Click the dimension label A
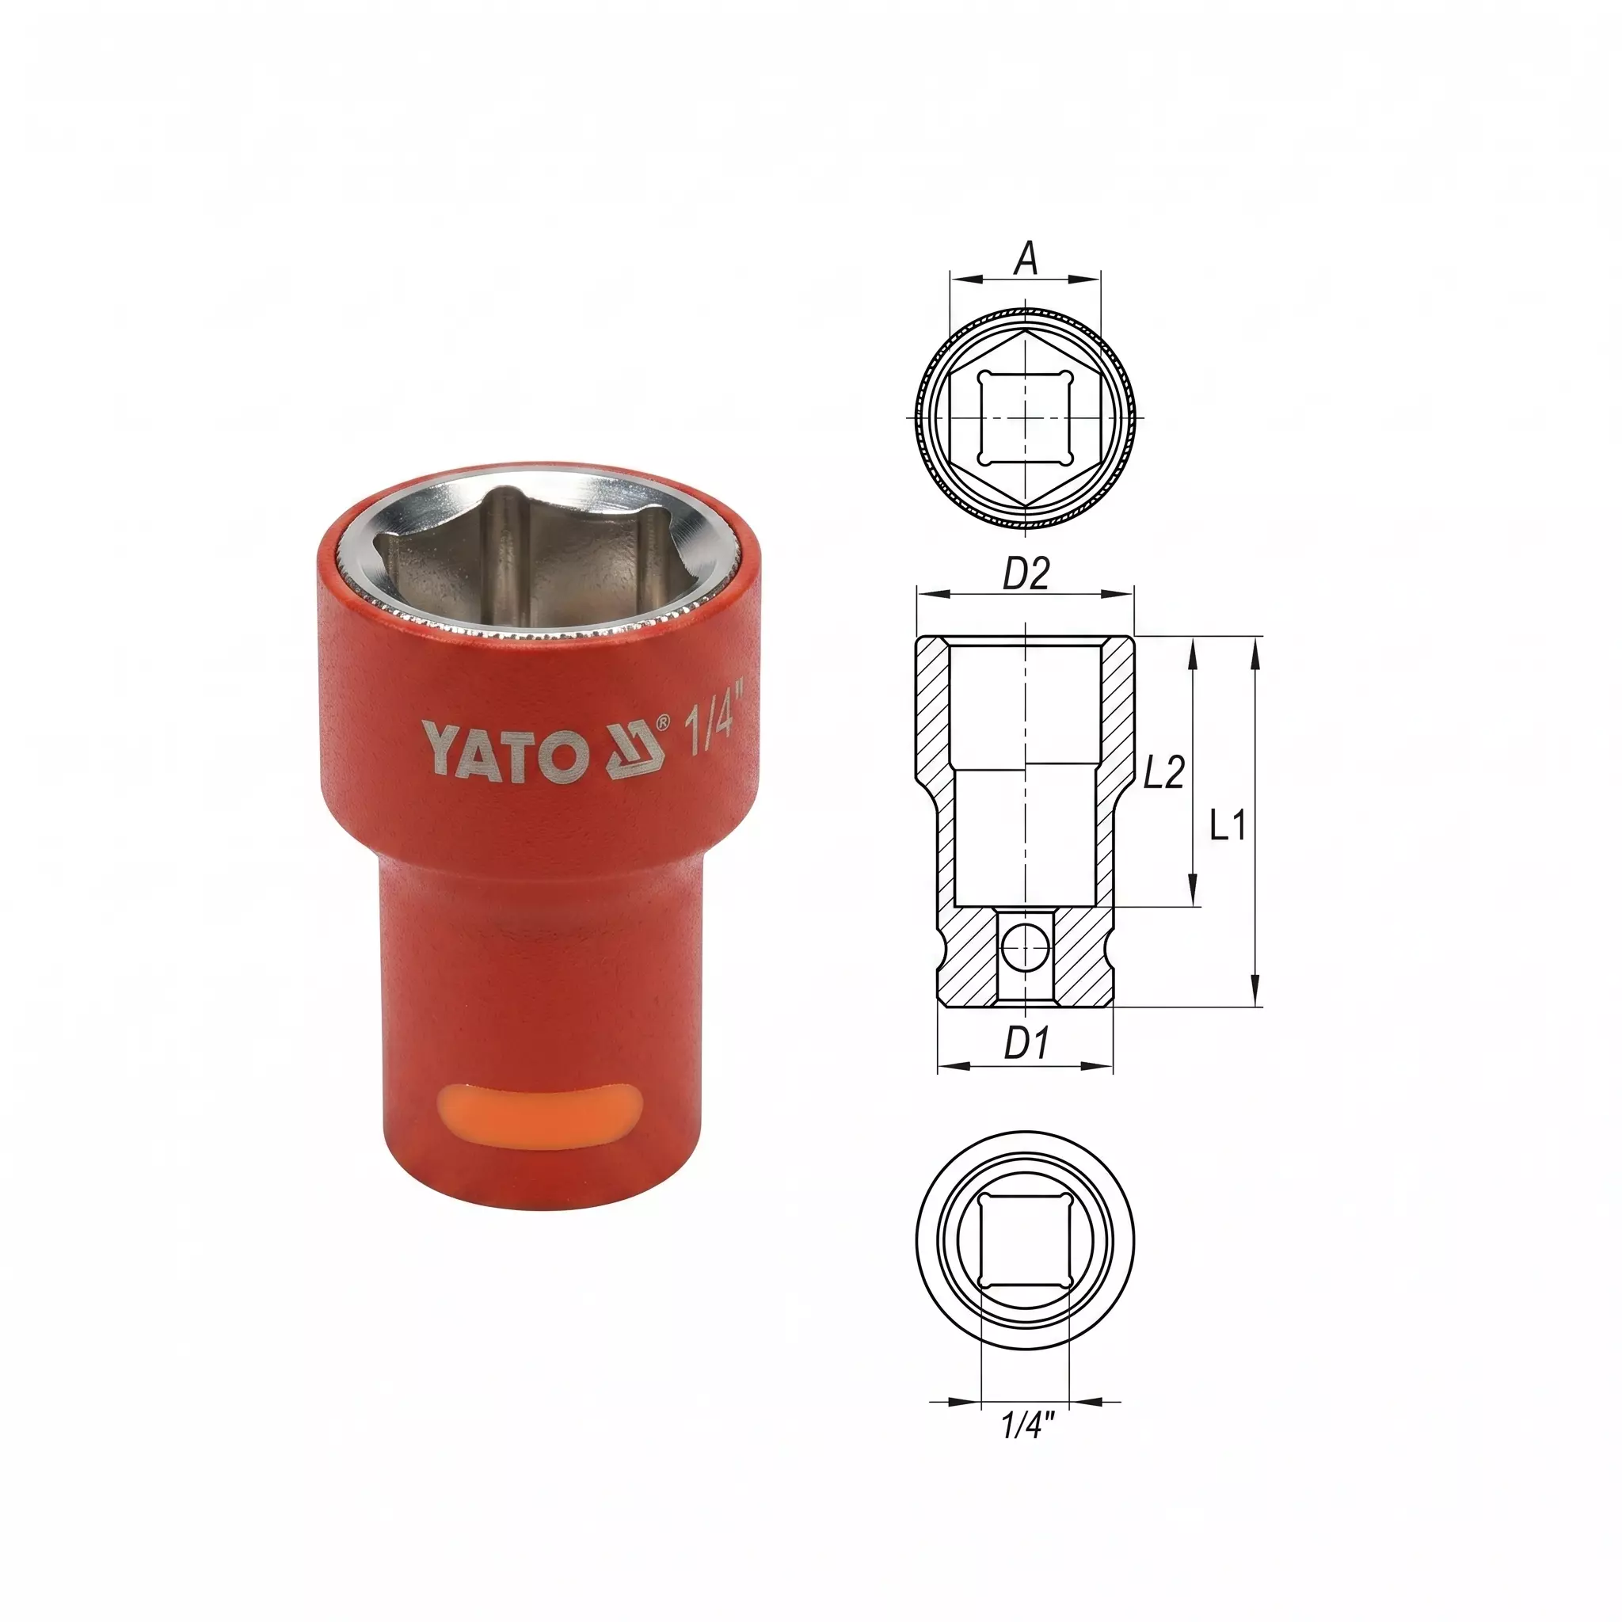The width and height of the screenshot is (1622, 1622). click(1026, 258)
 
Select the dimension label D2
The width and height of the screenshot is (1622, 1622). click(1026, 575)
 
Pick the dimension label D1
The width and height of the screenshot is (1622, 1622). click(1026, 1044)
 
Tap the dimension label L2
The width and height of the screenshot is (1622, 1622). click(1163, 772)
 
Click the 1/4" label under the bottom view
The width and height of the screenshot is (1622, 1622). click(1026, 1425)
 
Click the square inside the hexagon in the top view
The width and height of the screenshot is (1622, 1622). click(1025, 418)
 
